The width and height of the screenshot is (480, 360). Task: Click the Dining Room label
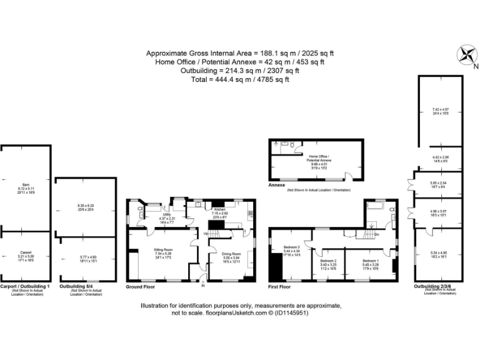231,253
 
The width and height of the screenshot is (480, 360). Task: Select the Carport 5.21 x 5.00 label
26,256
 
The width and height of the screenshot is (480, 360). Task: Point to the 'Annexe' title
277,186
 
